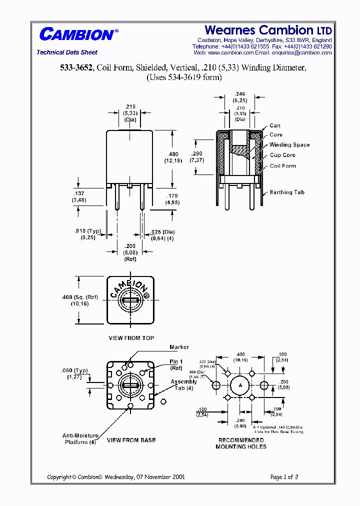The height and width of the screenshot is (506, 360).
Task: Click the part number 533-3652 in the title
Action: pyautogui.click(x=76, y=68)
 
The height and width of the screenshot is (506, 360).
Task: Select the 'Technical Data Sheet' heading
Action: pyautogui.click(x=67, y=52)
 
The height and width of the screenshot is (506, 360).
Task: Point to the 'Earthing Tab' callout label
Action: pyautogui.click(x=287, y=192)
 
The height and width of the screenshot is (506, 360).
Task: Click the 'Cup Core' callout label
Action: pyautogui.click(x=282, y=155)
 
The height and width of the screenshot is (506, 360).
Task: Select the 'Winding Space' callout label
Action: pyautogui.click(x=289, y=145)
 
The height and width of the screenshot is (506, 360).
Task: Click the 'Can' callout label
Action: pyautogui.click(x=275, y=125)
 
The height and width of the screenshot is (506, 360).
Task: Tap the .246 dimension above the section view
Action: pyautogui.click(x=240, y=93)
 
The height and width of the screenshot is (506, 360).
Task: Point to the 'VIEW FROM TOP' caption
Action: pyautogui.click(x=131, y=338)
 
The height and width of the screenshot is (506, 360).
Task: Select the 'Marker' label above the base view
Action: pyautogui.click(x=179, y=347)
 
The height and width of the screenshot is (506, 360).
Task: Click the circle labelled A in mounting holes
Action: pyautogui.click(x=240, y=385)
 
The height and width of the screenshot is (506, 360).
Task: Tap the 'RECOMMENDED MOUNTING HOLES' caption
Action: pyautogui.click(x=241, y=443)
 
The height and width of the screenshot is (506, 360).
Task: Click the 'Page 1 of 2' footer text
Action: pyautogui.click(x=284, y=477)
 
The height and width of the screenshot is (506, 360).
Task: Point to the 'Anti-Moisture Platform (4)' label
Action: pyautogui.click(x=78, y=438)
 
